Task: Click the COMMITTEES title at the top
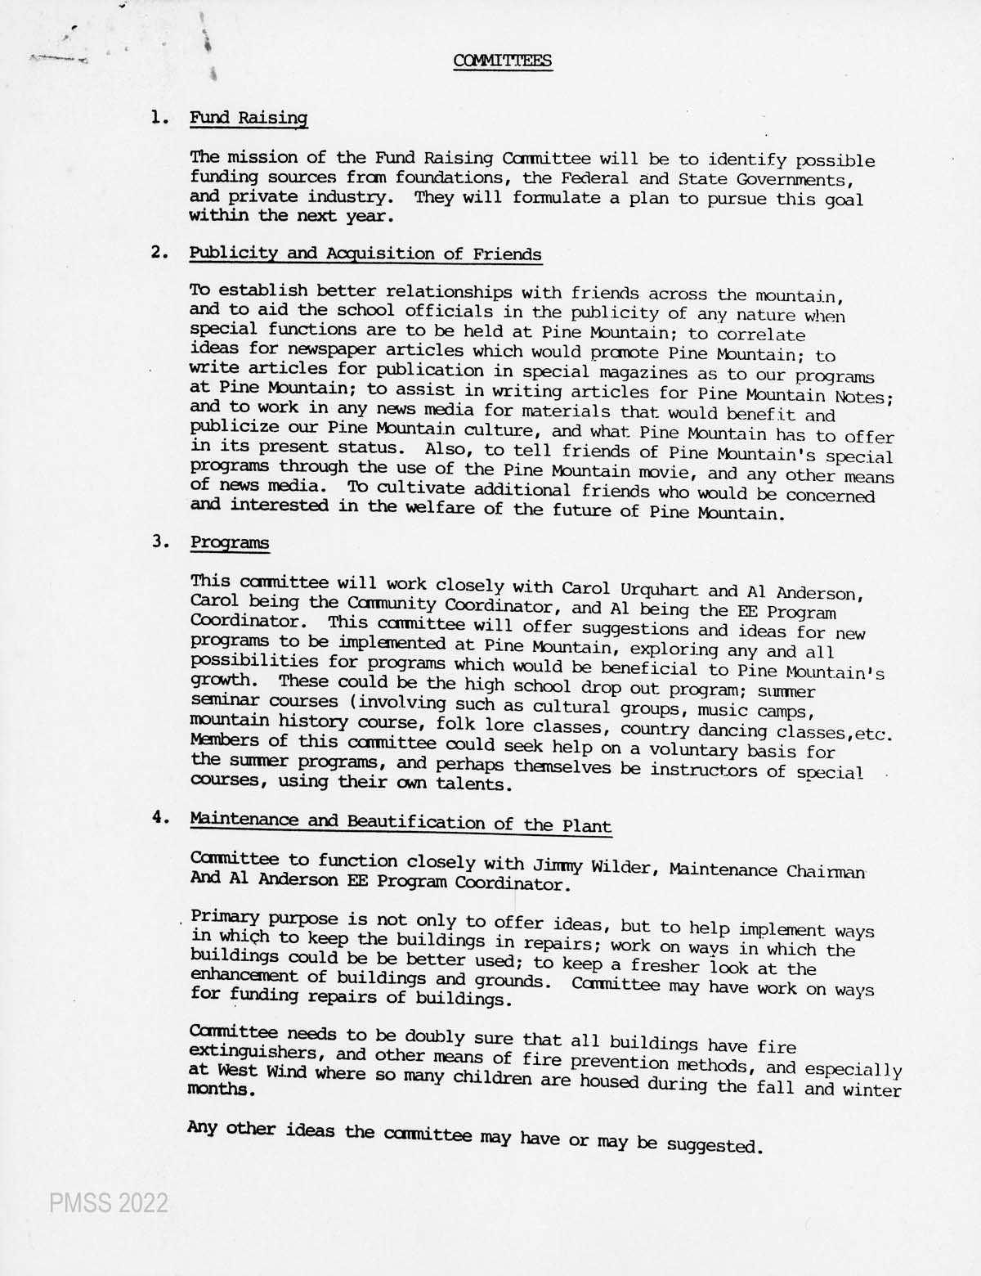pos(503,61)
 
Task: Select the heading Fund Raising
pos(249,118)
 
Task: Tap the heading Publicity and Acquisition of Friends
pos(365,254)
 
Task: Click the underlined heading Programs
pos(230,542)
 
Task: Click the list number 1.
pos(159,117)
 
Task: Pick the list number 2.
pos(159,252)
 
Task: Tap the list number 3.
pos(159,541)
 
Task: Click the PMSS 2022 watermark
pos(109,1203)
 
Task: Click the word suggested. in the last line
pos(714,1145)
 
